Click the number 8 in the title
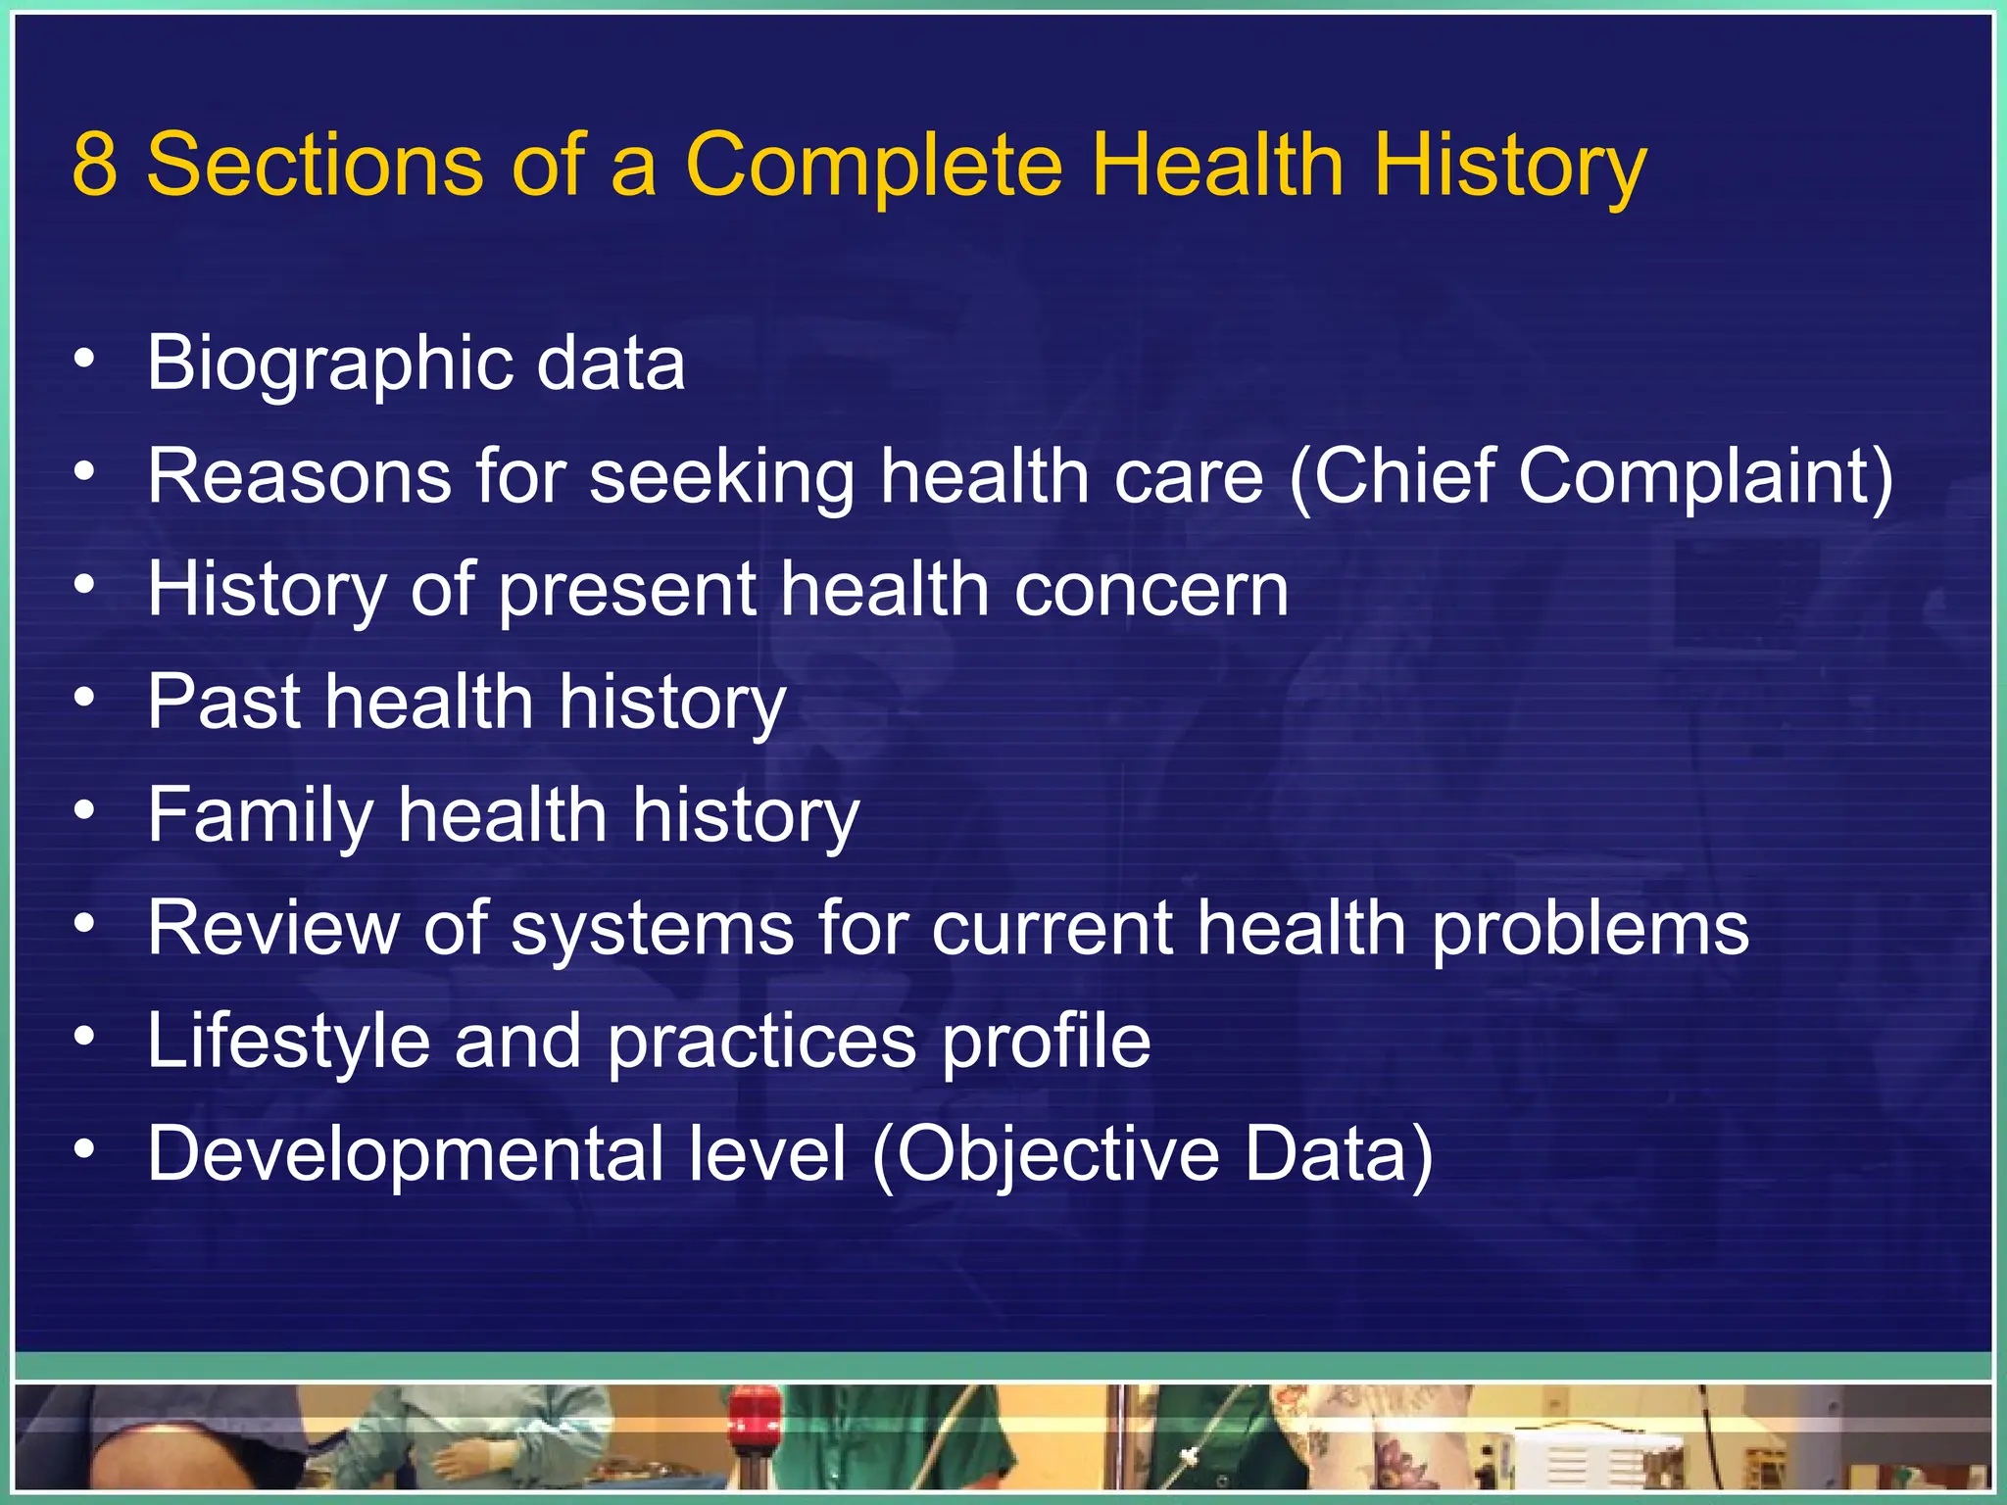tap(95, 164)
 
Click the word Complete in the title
tap(873, 164)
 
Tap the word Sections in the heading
tap(315, 164)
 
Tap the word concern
tap(1151, 591)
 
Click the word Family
tap(260, 816)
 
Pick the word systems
tap(652, 929)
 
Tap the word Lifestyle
tap(288, 1042)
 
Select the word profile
tap(1046, 1042)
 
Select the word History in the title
tap(1510, 164)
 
